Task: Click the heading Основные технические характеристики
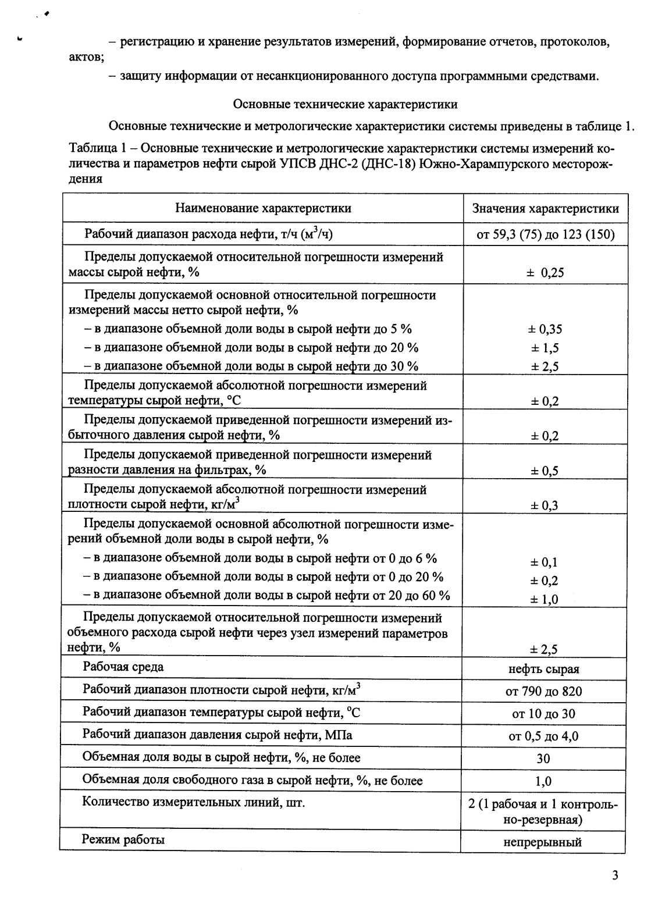(x=345, y=105)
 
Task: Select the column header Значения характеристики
(x=545, y=209)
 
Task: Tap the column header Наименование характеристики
(x=263, y=208)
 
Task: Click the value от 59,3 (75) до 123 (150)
(x=545, y=235)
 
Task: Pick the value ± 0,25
(x=545, y=272)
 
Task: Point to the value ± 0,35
(x=545, y=329)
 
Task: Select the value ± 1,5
(x=545, y=348)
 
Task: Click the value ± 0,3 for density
(x=544, y=506)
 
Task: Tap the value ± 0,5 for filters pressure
(x=544, y=471)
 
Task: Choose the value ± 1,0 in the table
(x=544, y=599)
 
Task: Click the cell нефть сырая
(x=544, y=669)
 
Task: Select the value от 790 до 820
(x=544, y=692)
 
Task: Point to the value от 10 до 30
(x=544, y=714)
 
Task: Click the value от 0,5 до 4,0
(x=544, y=736)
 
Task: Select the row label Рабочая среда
(x=123, y=667)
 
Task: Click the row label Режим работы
(x=123, y=839)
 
